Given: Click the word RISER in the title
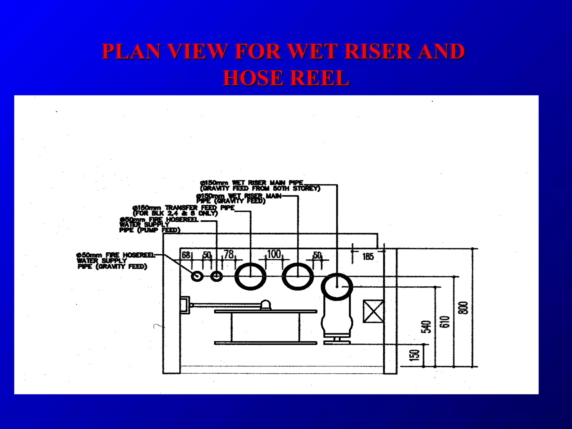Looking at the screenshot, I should tap(378, 51).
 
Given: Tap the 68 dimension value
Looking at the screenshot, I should tap(186, 255).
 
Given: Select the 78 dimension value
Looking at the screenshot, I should tap(229, 254).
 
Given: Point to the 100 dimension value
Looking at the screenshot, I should tap(274, 254).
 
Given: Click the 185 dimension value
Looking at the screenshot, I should tap(368, 256).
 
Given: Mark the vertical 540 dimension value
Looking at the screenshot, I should tap(426, 327).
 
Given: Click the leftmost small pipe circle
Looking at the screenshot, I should tap(197, 276).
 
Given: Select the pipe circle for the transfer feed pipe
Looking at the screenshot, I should tap(250, 276).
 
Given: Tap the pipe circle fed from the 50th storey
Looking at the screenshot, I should tap(337, 287).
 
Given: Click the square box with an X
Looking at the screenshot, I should tap(373, 311).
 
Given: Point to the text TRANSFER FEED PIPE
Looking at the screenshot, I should tap(200, 208).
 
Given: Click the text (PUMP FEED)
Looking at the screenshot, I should tap(159, 230).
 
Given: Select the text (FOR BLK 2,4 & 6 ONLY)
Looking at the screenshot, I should tap(175, 213).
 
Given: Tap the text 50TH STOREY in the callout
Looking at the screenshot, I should tap(296, 189).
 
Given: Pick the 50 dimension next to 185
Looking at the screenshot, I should tap(317, 255).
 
